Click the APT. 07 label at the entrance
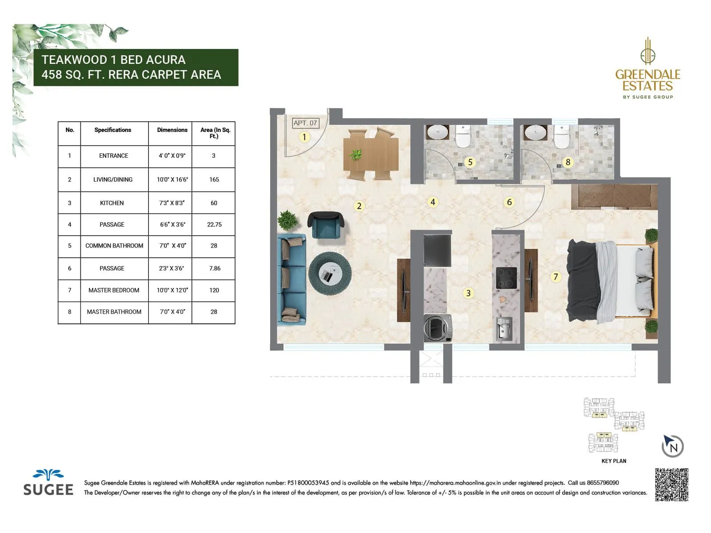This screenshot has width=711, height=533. [305, 123]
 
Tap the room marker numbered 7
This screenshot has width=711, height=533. [555, 277]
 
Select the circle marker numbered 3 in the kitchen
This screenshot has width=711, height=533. [468, 293]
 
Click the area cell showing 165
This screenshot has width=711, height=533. [214, 179]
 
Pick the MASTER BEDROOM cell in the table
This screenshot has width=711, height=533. [114, 290]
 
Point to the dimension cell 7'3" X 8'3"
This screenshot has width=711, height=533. [172, 203]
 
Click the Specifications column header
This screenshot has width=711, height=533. [113, 130]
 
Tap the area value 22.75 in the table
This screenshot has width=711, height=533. [214, 225]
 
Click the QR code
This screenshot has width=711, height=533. [671, 485]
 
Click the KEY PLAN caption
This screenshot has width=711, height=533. [614, 461]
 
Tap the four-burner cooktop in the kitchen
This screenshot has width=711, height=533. [506, 278]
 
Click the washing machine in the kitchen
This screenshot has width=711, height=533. [437, 328]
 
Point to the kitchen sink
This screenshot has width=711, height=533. [504, 329]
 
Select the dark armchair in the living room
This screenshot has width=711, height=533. [326, 225]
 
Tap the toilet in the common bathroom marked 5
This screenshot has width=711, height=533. [463, 136]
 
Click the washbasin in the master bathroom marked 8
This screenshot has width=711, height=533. [535, 132]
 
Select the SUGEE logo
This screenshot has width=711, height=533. [48, 483]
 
